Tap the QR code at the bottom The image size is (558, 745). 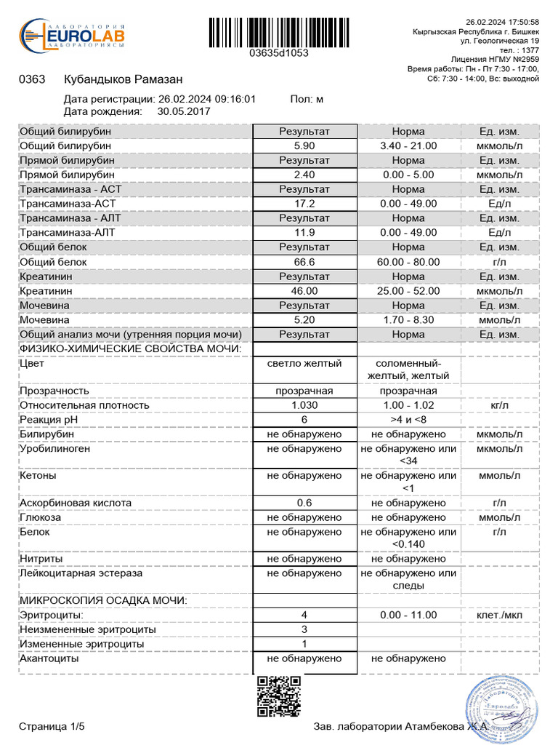[x=279, y=697]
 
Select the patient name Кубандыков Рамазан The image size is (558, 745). [x=123, y=79]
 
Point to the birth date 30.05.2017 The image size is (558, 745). [x=184, y=111]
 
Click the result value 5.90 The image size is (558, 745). [x=304, y=146]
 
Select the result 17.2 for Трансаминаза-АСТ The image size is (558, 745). [x=304, y=204]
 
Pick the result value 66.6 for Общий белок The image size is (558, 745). [x=304, y=262]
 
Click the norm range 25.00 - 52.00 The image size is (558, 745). [x=408, y=291]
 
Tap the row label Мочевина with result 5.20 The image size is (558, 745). [x=45, y=320]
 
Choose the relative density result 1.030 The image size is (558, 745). [x=304, y=405]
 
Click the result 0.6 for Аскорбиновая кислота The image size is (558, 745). [x=304, y=503]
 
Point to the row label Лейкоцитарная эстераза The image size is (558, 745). [x=81, y=573]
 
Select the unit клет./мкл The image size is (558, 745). [x=499, y=615]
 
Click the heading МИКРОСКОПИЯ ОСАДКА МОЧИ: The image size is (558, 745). [x=104, y=600]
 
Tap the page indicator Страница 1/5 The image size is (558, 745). [x=52, y=727]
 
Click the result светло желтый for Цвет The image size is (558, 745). [x=304, y=363]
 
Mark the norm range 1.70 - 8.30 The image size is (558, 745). [x=408, y=320]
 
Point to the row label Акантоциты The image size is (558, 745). [x=49, y=658]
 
